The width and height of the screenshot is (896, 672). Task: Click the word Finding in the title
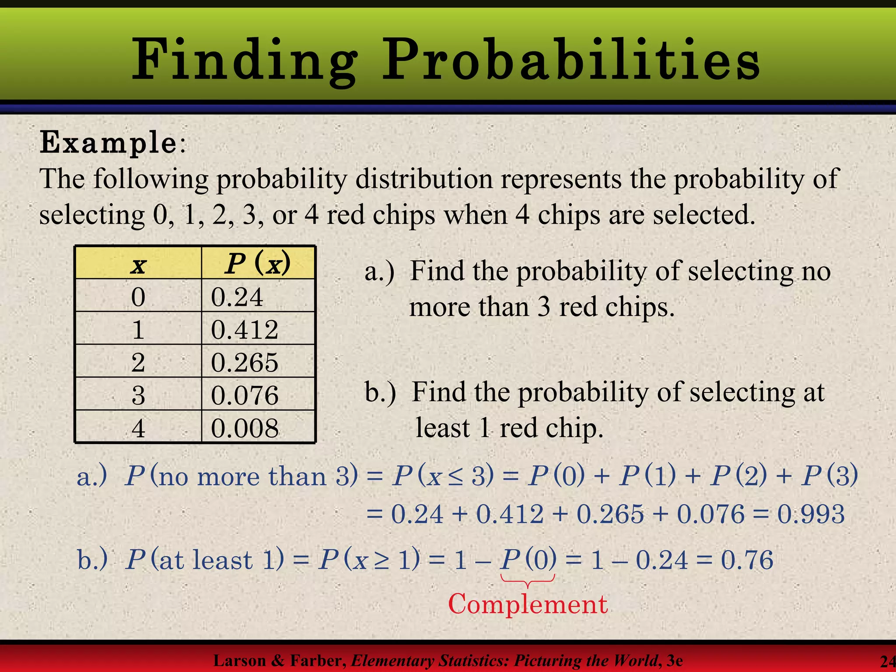point(245,60)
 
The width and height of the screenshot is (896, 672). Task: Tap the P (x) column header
point(258,263)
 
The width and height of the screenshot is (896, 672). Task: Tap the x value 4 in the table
point(138,428)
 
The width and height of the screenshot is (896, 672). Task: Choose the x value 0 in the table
point(138,297)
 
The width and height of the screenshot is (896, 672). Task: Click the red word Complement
point(528,605)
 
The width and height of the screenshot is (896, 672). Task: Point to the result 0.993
point(811,514)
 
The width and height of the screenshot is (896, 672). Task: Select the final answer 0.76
point(747,560)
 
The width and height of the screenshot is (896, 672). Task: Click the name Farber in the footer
point(318,660)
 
